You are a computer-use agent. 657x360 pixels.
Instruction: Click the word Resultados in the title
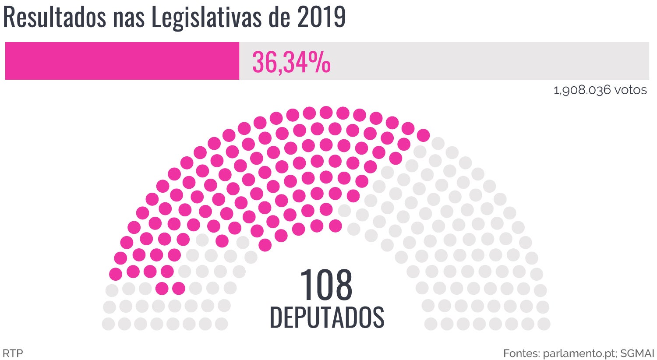pyautogui.click(x=54, y=18)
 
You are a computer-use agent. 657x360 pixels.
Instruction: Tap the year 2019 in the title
pyautogui.click(x=321, y=18)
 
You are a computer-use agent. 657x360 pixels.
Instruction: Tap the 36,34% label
pyautogui.click(x=291, y=62)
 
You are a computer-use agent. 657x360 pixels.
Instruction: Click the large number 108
pyautogui.click(x=326, y=285)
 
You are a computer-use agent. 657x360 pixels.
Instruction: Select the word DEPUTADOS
pyautogui.click(x=327, y=318)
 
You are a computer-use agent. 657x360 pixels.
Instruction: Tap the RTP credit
pyautogui.click(x=13, y=353)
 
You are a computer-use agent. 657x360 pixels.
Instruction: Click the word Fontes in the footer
pyautogui.click(x=521, y=353)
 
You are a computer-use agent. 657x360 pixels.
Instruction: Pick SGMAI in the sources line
pyautogui.click(x=637, y=353)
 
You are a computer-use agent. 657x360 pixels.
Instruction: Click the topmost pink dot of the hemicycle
pyautogui.click(x=326, y=113)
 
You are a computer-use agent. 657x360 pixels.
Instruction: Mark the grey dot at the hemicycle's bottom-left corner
pyautogui.click(x=108, y=324)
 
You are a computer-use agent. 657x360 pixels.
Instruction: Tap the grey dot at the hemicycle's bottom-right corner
pyautogui.click(x=544, y=324)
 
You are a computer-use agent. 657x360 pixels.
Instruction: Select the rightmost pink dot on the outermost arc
pyautogui.click(x=423, y=136)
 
